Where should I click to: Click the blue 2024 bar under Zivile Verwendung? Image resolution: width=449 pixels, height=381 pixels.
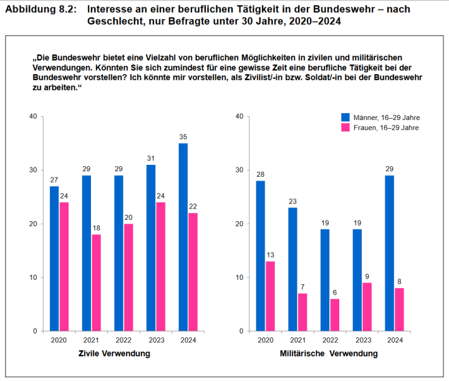[183, 237]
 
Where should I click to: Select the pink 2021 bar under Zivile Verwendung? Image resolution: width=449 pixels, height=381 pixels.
[96, 282]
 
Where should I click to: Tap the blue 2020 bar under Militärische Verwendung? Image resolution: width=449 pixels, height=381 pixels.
[261, 255]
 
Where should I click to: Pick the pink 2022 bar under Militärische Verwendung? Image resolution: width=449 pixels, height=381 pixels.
[335, 315]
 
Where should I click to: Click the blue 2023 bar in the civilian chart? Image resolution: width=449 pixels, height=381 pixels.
[151, 248]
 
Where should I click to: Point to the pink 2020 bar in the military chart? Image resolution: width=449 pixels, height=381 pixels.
[270, 296]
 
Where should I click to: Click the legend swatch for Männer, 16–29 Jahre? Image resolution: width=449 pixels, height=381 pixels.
[345, 117]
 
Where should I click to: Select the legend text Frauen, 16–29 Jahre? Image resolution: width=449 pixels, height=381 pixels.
[385, 127]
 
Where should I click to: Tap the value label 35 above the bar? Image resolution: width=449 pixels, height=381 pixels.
[183, 137]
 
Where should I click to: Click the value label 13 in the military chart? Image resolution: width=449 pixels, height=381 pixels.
[270, 254]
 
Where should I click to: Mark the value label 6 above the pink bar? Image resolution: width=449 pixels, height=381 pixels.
[335, 292]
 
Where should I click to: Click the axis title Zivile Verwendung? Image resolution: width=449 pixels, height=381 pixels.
[114, 354]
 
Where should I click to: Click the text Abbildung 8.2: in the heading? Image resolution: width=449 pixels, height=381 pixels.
[39, 9]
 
